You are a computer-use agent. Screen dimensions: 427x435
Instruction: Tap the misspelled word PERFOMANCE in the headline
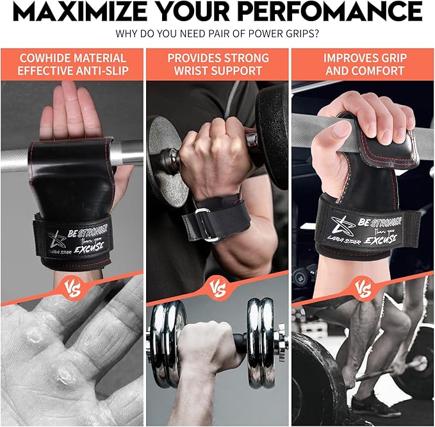click(x=333, y=12)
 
